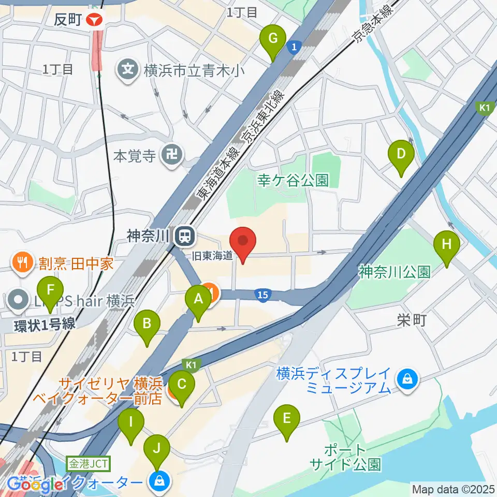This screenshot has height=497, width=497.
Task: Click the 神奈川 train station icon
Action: pyautogui.click(x=183, y=237)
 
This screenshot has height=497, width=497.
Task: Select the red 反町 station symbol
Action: pyautogui.click(x=95, y=20)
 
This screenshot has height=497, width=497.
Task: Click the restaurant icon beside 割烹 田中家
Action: pyautogui.click(x=20, y=262)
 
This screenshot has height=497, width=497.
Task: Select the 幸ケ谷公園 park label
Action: pyautogui.click(x=293, y=180)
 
